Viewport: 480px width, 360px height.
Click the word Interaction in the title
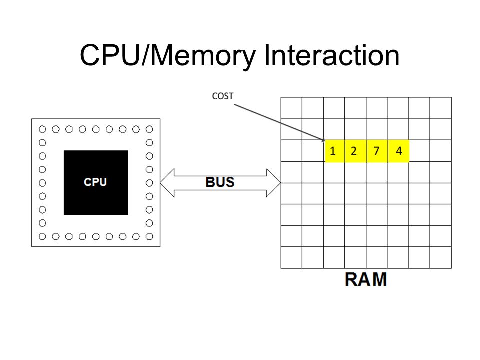[x=331, y=55]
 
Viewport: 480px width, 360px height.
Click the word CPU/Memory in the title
[x=168, y=56]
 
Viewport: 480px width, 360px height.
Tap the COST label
[x=223, y=96]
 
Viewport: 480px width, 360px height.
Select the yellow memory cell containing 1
[x=335, y=151]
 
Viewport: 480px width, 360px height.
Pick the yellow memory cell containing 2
[x=355, y=151]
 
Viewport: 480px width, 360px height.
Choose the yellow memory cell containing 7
[x=377, y=151]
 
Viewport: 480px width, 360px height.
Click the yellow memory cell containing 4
[x=398, y=151]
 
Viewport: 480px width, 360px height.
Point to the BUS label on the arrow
[x=220, y=182]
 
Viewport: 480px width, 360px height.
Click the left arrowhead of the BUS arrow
[x=167, y=183]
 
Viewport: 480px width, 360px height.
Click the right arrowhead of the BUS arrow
[x=273, y=183]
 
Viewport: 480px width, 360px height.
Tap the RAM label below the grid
[x=366, y=279]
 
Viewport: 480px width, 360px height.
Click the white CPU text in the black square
[x=95, y=182]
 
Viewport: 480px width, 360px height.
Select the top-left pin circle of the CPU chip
[x=42, y=129]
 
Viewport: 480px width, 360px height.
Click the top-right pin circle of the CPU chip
[x=149, y=129]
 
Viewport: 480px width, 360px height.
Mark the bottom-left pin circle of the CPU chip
[x=42, y=236]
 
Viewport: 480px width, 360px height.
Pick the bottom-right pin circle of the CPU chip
[x=149, y=236]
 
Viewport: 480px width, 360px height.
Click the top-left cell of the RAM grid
[x=291, y=108]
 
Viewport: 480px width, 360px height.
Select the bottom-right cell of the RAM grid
[x=441, y=258]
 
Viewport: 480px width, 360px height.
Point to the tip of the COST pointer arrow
[x=325, y=141]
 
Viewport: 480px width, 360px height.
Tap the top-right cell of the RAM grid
[x=441, y=108]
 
